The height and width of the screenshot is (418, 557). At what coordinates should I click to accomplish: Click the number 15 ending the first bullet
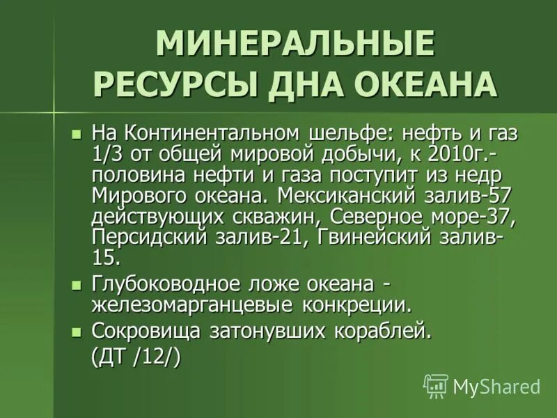(105, 257)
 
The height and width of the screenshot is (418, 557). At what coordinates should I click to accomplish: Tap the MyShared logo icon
(435, 385)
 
